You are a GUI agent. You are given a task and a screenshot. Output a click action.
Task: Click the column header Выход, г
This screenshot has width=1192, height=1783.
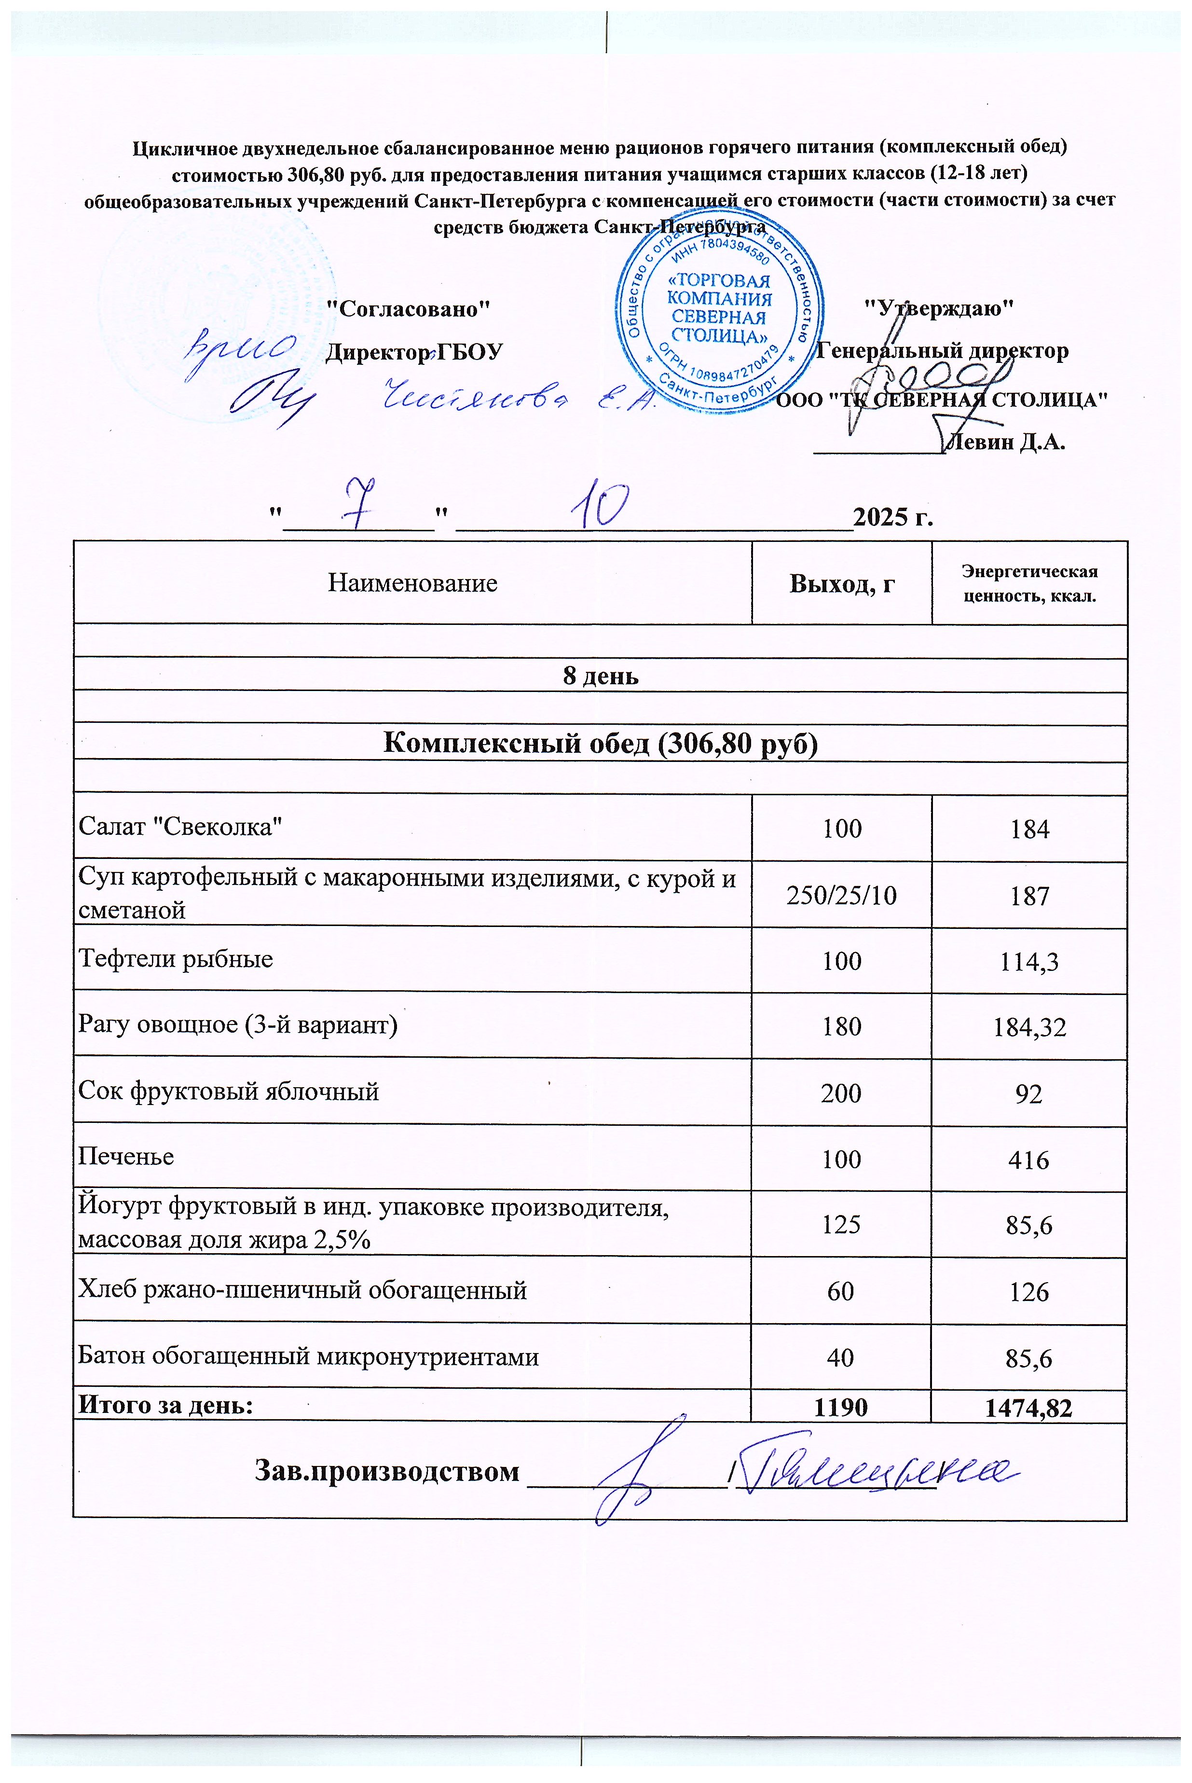[842, 584]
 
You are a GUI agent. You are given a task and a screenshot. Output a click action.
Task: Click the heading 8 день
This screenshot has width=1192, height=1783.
[600, 676]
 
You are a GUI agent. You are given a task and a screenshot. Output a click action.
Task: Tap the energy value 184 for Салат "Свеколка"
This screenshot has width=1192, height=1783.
[1029, 829]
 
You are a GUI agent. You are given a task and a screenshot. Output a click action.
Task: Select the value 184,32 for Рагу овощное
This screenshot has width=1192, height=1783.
[1029, 1028]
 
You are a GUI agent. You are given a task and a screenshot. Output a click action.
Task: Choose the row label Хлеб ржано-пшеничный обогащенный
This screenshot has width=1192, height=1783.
[302, 1290]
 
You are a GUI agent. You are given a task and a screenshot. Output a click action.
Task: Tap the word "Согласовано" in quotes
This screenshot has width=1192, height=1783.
[408, 309]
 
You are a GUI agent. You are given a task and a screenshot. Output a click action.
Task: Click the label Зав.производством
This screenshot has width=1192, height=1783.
[386, 1471]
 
